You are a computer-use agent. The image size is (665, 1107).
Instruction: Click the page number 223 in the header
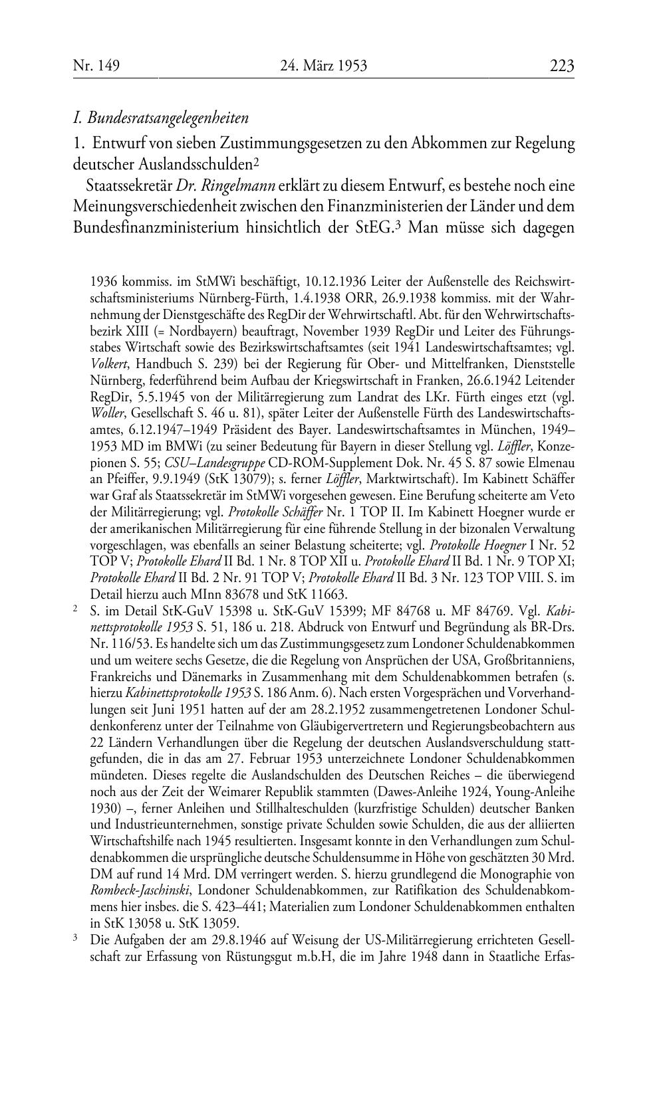click(561, 66)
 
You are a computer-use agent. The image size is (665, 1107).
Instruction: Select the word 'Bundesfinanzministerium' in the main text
click(156, 227)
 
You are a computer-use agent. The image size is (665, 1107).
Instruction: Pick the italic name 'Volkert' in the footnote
click(108, 364)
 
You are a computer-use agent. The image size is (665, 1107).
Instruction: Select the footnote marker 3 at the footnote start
click(76, 939)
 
